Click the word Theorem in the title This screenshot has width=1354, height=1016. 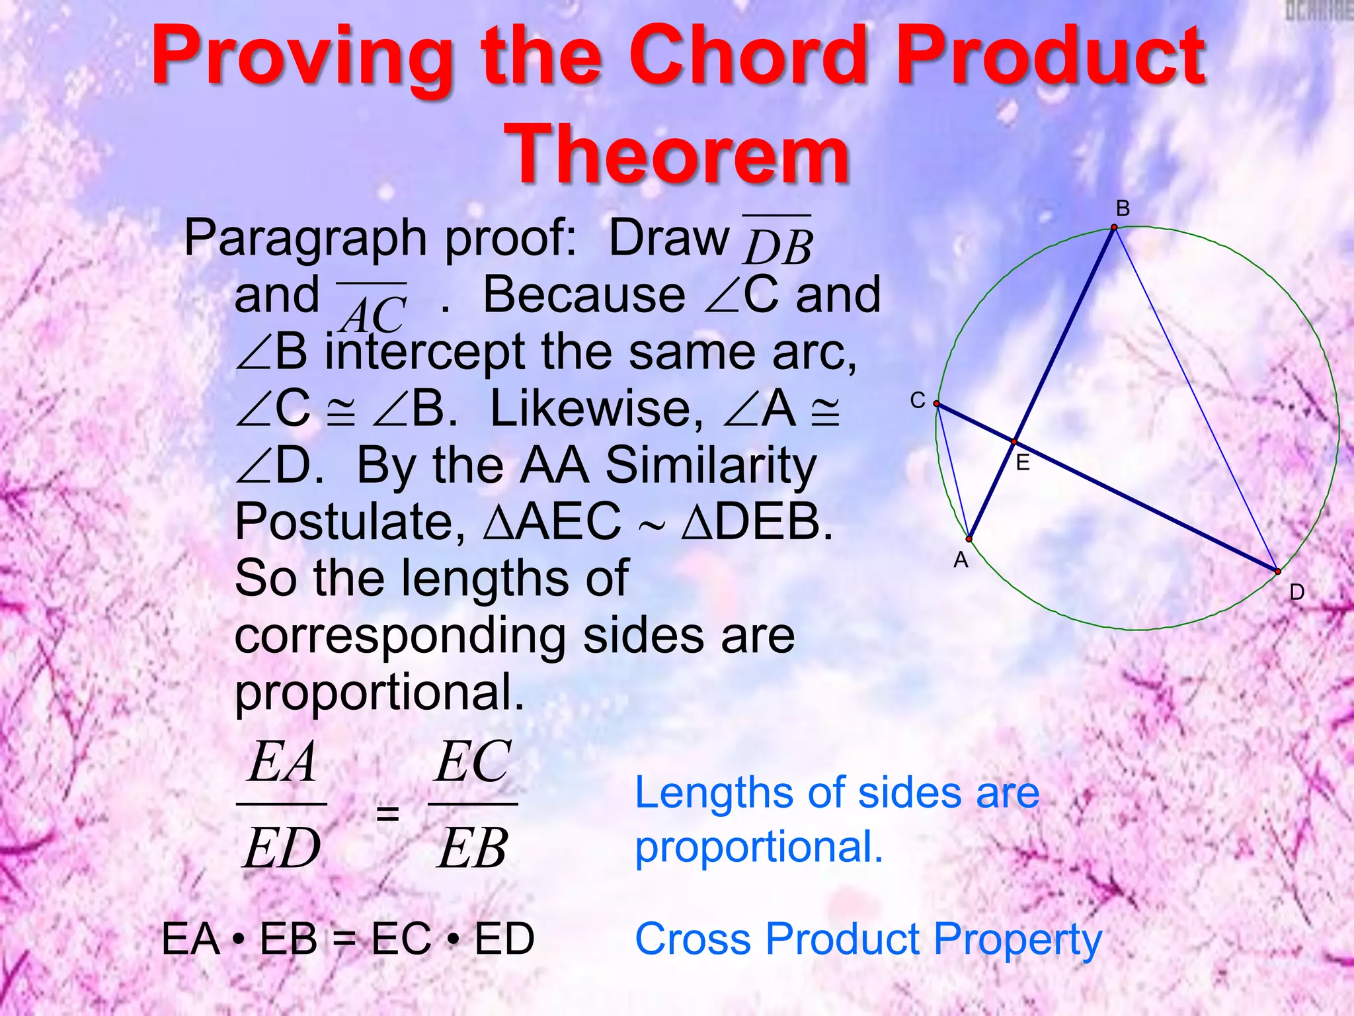point(676,154)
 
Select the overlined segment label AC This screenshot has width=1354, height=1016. point(372,312)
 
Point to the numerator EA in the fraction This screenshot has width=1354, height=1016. point(282,762)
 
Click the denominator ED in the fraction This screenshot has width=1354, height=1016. point(282,849)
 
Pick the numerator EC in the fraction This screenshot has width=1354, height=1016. point(473,762)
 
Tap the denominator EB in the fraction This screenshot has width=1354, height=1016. point(473,849)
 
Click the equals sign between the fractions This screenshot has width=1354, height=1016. point(387,812)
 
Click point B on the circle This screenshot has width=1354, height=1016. point(1114,228)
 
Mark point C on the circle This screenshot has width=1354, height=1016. point(937,403)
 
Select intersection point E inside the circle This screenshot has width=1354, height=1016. point(1014,441)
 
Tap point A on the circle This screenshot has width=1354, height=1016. point(969,539)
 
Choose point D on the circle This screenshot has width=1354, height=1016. point(1277,571)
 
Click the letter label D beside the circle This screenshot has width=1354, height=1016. point(1296,593)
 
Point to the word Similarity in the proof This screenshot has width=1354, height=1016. point(711,465)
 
